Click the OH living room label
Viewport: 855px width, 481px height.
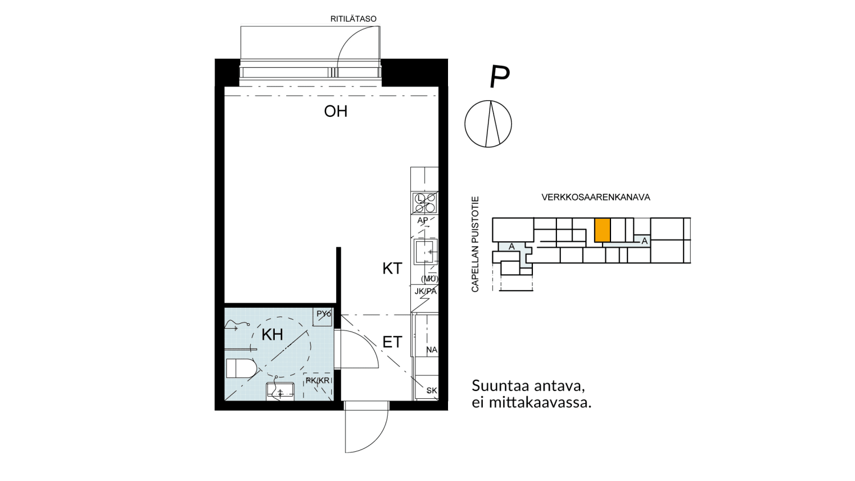pyautogui.click(x=335, y=111)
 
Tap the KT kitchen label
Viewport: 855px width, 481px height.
pyautogui.click(x=392, y=268)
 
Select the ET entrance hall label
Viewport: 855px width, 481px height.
pyautogui.click(x=392, y=342)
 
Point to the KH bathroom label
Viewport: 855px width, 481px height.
pyautogui.click(x=272, y=335)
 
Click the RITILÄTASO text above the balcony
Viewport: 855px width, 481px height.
pyautogui.click(x=353, y=19)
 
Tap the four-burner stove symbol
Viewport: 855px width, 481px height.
pyautogui.click(x=425, y=203)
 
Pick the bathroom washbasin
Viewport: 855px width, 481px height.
pyautogui.click(x=280, y=390)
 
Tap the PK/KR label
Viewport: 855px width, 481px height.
pyautogui.click(x=317, y=380)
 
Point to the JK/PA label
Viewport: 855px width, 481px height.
pyautogui.click(x=425, y=291)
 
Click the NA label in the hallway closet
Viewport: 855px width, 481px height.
pyautogui.click(x=431, y=349)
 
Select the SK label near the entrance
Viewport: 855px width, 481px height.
pyautogui.click(x=431, y=390)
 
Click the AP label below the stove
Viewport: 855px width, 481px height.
pyautogui.click(x=423, y=220)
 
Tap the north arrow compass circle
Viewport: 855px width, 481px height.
pyautogui.click(x=488, y=124)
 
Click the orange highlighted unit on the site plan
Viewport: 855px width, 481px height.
pyautogui.click(x=602, y=230)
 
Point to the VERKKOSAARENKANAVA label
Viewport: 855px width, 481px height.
pyautogui.click(x=596, y=197)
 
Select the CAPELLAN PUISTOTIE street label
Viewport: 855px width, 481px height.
pyautogui.click(x=475, y=244)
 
